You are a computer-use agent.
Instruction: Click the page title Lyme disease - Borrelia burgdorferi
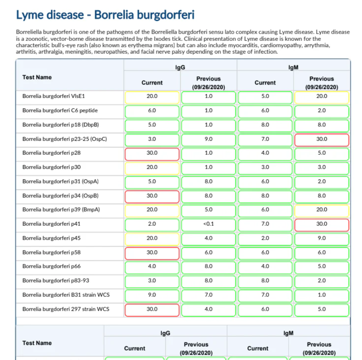(105, 15)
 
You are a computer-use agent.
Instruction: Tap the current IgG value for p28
(152, 153)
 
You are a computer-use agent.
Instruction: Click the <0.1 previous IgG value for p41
(209, 224)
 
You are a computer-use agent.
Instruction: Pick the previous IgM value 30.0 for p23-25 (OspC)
(322, 139)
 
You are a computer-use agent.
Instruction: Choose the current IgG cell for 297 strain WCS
(152, 309)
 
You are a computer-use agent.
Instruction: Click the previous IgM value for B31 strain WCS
(322, 295)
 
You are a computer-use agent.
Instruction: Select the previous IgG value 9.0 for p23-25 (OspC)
(209, 139)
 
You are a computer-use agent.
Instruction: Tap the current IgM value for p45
(265, 238)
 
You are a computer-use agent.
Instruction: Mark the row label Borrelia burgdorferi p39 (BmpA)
(60, 210)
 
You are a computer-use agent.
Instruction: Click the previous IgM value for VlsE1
(322, 96)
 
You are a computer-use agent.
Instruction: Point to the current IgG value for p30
(152, 167)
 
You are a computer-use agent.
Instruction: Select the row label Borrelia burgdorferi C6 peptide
(60, 111)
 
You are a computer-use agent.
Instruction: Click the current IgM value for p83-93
(265, 281)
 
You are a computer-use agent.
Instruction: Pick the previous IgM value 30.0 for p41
(322, 224)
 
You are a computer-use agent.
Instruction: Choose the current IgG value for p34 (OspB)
(152, 196)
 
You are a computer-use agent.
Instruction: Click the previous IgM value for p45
(322, 238)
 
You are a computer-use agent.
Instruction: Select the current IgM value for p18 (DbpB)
(265, 125)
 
